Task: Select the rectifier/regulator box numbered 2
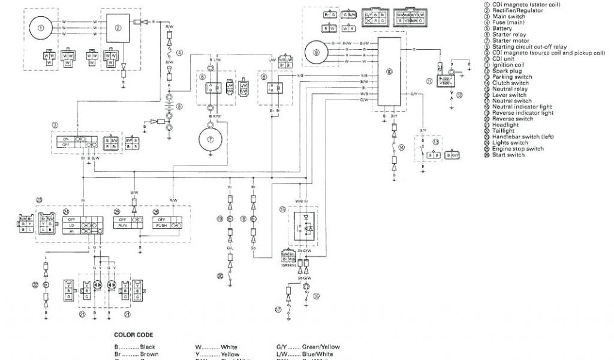tap(118, 27)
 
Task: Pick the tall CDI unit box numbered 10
tap(389, 72)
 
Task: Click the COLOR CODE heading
tap(133, 335)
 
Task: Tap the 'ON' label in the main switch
tap(65, 139)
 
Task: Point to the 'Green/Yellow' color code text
tap(308, 347)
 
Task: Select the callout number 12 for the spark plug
tap(459, 95)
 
